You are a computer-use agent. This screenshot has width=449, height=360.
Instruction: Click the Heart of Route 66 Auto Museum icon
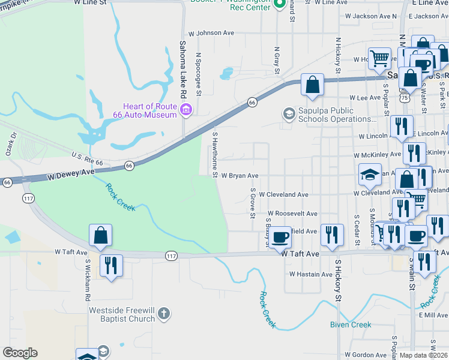(186, 109)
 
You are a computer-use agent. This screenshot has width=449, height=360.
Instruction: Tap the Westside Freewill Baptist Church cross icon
(164, 314)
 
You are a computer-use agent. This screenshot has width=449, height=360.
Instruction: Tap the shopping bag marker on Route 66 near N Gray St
(312, 85)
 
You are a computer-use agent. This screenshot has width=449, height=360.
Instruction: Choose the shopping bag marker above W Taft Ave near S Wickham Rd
(101, 236)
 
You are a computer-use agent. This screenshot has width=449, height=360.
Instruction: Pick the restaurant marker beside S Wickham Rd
(110, 265)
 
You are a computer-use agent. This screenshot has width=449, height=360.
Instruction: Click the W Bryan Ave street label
(240, 176)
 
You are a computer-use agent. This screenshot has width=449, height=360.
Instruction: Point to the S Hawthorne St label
(214, 155)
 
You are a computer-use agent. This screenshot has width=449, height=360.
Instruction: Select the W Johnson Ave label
(211, 34)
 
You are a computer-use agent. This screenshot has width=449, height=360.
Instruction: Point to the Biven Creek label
(351, 325)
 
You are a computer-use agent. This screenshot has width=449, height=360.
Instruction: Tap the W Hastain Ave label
(310, 274)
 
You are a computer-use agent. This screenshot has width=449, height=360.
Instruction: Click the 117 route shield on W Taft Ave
(171, 256)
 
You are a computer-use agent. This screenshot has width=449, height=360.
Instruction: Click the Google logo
(20, 353)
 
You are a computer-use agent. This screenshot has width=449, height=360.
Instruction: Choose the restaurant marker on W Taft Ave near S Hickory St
(331, 235)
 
